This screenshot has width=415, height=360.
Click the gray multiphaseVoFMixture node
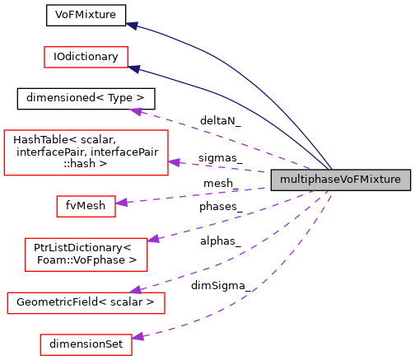click(340, 180)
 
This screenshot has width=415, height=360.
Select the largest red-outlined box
click(86, 152)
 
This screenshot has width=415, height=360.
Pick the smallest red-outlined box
click(86, 206)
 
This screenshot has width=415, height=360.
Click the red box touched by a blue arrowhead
click(86, 57)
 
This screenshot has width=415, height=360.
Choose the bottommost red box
click(86, 344)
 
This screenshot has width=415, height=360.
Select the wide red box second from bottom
click(86, 303)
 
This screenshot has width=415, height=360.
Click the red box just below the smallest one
click(86, 254)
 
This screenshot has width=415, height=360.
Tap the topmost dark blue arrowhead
click(132, 26)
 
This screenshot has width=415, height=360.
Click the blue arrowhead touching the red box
click(134, 69)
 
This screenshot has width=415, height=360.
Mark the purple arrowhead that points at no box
click(137, 110)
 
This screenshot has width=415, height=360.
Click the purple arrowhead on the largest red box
click(174, 162)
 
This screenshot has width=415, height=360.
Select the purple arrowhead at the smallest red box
click(122, 202)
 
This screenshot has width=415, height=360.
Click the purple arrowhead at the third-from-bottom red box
click(153, 239)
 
